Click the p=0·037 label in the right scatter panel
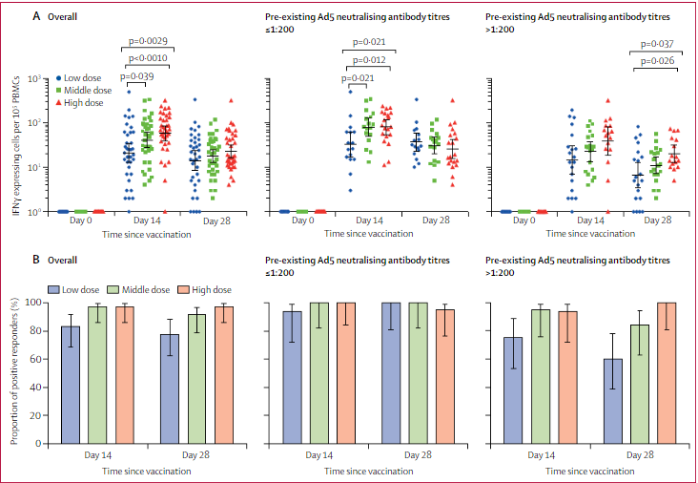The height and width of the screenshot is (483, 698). [x=657, y=44]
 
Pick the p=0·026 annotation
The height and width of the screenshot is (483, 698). [x=657, y=62]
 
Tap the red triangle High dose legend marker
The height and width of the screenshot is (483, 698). [x=59, y=102]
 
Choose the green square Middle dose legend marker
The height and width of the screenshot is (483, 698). [x=59, y=90]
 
